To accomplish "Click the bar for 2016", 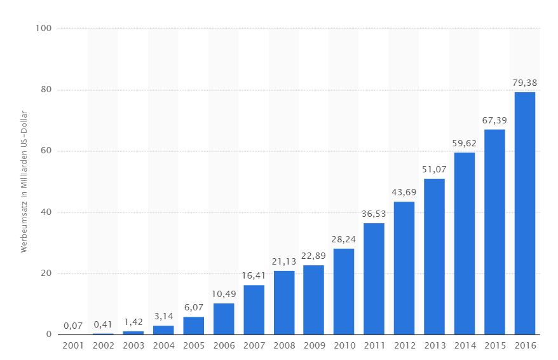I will tap(524, 214).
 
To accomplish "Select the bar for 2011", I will tap(374, 279).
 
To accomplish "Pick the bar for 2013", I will tap(434, 256).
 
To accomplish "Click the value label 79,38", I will tap(524, 82).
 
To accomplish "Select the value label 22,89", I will tap(314, 255).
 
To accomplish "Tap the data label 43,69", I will tap(404, 191).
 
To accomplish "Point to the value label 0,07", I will tap(73, 325).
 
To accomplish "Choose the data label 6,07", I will tap(194, 307).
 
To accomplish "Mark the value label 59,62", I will tap(464, 142).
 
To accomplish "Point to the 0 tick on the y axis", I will tap(50, 335).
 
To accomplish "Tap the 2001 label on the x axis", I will tap(73, 345).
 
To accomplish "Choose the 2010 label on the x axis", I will tap(344, 345).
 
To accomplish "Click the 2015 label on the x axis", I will tap(494, 345).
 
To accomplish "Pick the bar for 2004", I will tap(163, 330).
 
